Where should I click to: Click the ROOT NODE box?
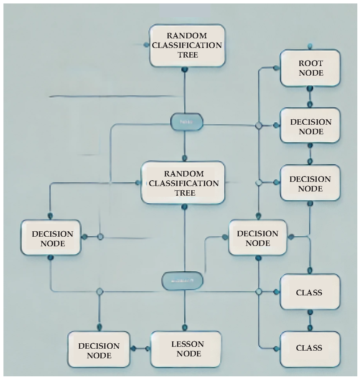[310, 68]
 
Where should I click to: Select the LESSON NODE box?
[186, 349]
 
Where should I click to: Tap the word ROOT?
[311, 63]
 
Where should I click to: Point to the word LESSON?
[187, 344]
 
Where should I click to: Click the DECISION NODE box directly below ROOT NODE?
[310, 126]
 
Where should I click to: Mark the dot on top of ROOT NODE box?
[310, 46]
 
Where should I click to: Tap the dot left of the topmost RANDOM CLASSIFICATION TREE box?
[146, 45]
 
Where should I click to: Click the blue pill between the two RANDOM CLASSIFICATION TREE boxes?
[186, 122]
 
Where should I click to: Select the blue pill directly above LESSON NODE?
[182, 281]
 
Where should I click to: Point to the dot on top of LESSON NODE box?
[185, 328]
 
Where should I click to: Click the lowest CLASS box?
[310, 348]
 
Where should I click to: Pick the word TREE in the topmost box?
[188, 55]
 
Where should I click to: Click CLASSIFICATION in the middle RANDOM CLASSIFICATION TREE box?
[184, 183]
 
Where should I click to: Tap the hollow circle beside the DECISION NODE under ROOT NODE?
[259, 125]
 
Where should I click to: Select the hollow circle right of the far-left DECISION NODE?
[100, 237]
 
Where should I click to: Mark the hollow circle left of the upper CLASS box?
[259, 292]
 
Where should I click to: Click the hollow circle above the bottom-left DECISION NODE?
[100, 292]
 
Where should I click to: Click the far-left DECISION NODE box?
[51, 238]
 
